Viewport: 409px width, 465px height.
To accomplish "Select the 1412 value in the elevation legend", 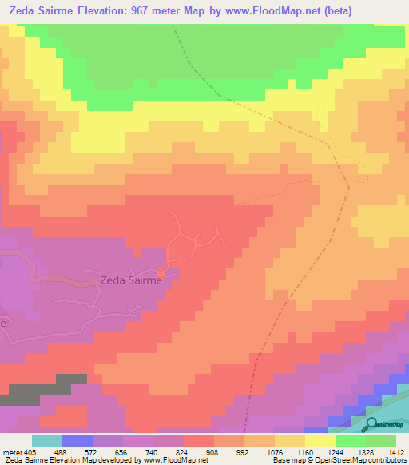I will pos(396,451).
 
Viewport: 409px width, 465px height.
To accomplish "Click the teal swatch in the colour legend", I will pos(46,440).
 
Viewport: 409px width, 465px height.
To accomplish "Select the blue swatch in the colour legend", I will pos(77,440).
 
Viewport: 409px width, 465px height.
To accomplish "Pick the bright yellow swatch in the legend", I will pos(320,440).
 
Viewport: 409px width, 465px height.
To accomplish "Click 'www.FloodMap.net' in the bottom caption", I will pos(169,461).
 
